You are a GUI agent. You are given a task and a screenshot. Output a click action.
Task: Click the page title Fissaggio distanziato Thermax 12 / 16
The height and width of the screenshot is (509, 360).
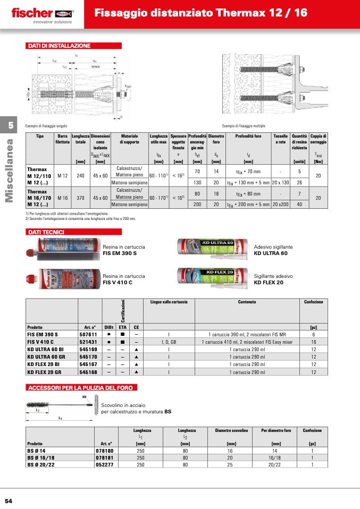pos(200,13)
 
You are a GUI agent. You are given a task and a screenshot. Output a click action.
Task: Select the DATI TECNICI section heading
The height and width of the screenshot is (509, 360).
pos(46,232)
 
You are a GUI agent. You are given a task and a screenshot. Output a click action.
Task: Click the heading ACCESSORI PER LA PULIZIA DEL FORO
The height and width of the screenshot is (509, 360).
pos(82,387)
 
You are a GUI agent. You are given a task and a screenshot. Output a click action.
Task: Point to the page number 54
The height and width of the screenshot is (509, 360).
pos(9,501)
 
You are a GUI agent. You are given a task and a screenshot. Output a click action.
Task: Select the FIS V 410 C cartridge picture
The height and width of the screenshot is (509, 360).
pos(62,279)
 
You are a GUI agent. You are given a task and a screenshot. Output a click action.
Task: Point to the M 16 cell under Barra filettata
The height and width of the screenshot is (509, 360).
pos(62,197)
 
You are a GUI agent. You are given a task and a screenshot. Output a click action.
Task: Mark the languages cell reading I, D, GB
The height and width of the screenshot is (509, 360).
pos(169,342)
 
